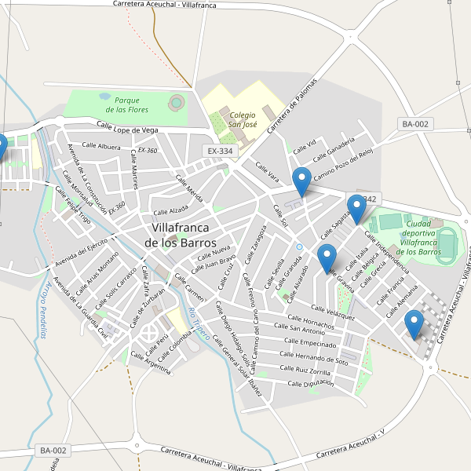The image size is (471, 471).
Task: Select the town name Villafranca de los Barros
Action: point(181,235)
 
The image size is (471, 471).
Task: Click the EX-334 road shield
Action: point(221,151)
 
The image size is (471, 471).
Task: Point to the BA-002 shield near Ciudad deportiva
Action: point(415,124)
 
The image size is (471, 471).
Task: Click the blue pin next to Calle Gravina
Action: point(327,259)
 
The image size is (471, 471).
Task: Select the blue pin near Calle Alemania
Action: point(414,324)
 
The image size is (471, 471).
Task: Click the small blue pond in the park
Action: point(104,97)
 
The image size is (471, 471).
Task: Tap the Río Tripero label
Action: point(194,323)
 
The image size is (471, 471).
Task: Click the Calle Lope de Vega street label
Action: point(128,127)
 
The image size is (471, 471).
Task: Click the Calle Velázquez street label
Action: point(333,312)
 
